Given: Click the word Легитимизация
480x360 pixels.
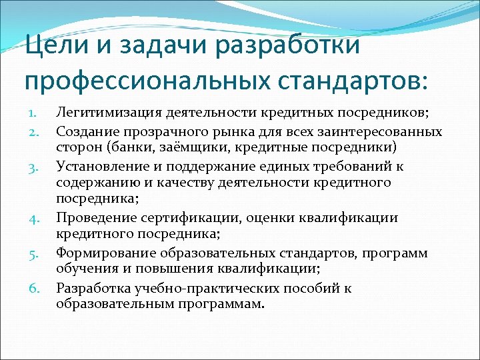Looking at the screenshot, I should [x=104, y=112].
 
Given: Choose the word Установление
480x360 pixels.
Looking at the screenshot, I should [x=96, y=165].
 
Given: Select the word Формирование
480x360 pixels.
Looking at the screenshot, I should [x=98, y=253].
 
